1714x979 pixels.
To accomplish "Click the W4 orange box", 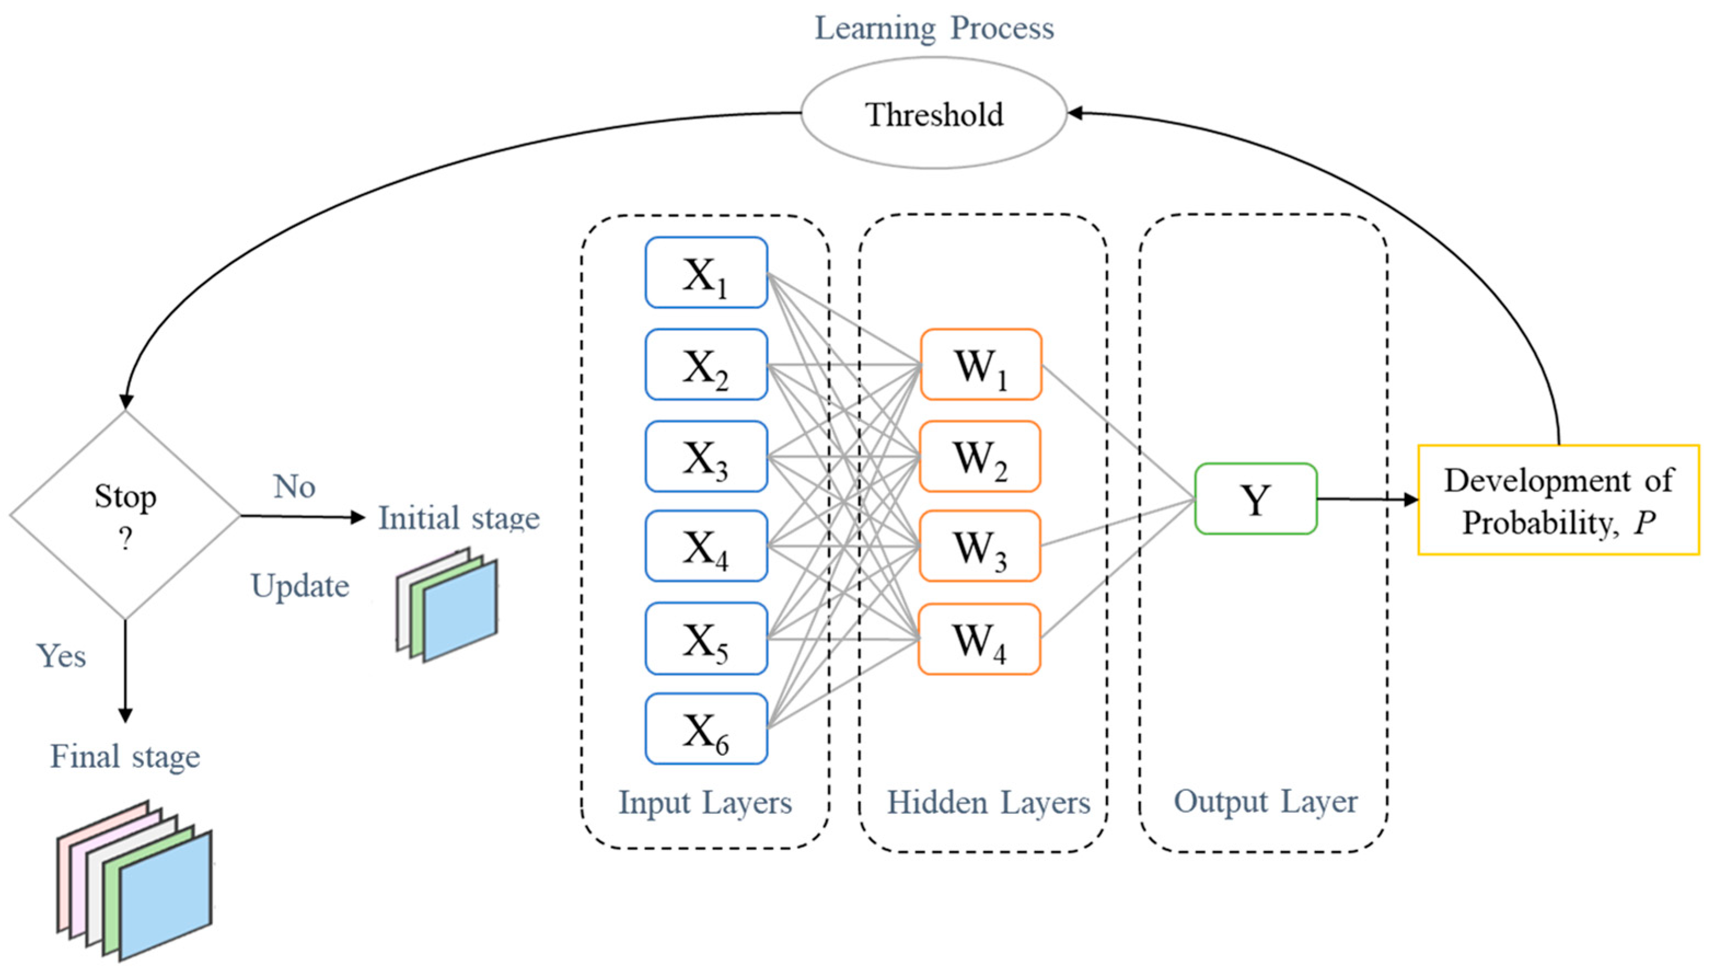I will tap(979, 639).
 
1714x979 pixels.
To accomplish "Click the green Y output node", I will tap(1256, 499).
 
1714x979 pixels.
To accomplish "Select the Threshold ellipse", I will tap(933, 114).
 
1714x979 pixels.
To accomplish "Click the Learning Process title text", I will tap(934, 28).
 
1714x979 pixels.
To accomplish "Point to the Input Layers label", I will tap(705, 802).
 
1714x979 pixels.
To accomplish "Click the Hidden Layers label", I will tap(988, 802).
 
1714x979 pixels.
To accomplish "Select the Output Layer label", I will tap(1265, 801).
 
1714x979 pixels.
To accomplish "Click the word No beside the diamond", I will tap(294, 486).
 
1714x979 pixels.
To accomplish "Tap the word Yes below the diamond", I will tap(61, 656).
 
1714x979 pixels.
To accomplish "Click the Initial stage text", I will tap(458, 518).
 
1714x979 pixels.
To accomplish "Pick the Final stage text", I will tap(125, 756).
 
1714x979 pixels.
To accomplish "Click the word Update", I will tap(300, 586).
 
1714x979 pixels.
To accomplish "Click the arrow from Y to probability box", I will tap(1365, 499).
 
